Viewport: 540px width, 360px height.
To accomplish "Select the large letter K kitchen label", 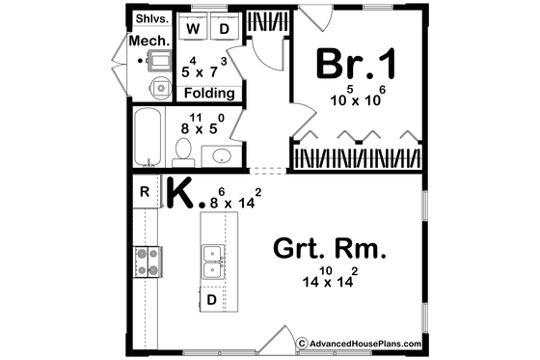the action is pos(181,193).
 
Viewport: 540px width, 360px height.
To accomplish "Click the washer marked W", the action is pos(192,29).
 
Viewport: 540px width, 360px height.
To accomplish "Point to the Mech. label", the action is pos(151,41).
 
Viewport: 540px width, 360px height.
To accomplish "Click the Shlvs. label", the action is pos(151,17).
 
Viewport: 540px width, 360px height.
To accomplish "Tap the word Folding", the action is pos(210,94).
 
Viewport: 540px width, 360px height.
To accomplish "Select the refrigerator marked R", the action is pos(145,192).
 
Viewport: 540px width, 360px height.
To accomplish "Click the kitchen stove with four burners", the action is pos(148,260).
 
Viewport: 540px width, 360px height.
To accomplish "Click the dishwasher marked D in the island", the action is pos(212,300).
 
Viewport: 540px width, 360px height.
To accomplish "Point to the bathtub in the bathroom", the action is pos(149,139).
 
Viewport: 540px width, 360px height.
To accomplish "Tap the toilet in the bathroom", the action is pos(182,150).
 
